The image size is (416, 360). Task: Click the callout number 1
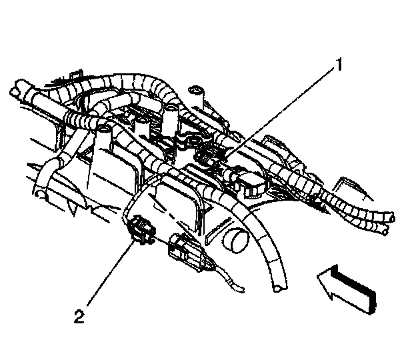[x=339, y=65]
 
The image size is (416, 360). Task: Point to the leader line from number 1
[x=280, y=109]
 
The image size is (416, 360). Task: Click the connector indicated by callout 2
[x=141, y=230]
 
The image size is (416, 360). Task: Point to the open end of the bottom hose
[x=275, y=288]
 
